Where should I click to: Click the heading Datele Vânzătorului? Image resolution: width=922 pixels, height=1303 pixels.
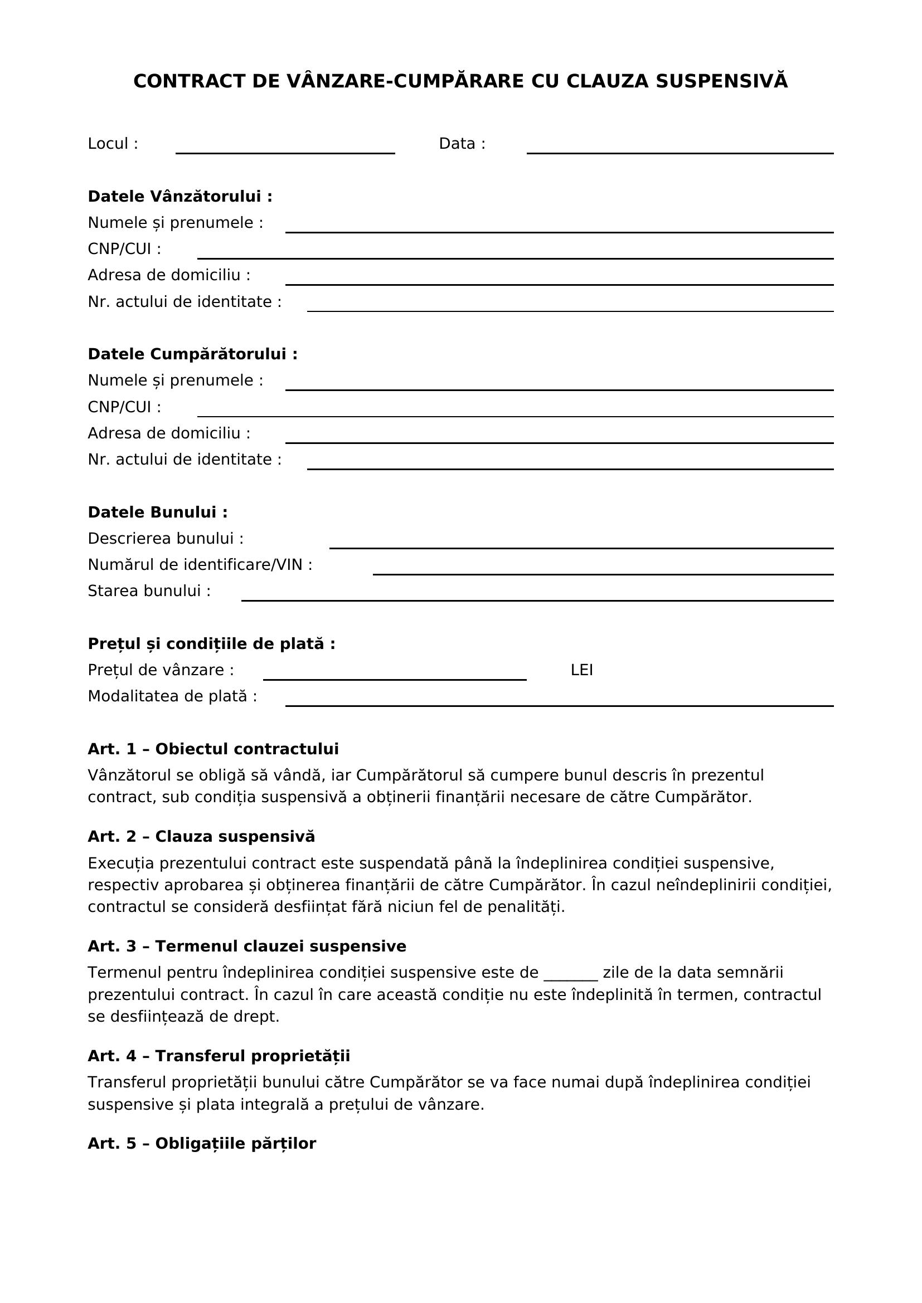(x=180, y=196)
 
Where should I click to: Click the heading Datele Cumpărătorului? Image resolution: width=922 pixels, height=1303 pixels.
(x=192, y=354)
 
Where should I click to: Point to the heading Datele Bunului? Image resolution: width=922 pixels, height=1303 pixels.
(x=158, y=513)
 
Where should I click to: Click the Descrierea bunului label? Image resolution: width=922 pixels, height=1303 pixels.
(x=165, y=539)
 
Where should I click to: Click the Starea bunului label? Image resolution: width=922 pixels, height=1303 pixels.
(x=149, y=592)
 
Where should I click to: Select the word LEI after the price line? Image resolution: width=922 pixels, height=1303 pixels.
(x=581, y=670)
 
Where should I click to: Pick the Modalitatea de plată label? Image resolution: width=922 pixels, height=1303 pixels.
(x=172, y=696)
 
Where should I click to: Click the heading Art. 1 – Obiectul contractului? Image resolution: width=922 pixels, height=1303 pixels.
(x=213, y=749)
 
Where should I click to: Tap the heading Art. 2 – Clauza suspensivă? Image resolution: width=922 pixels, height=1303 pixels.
(x=201, y=837)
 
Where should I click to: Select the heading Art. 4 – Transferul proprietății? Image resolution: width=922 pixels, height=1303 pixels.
(x=219, y=1056)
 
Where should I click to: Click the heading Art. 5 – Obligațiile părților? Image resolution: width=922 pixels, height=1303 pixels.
(x=202, y=1144)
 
